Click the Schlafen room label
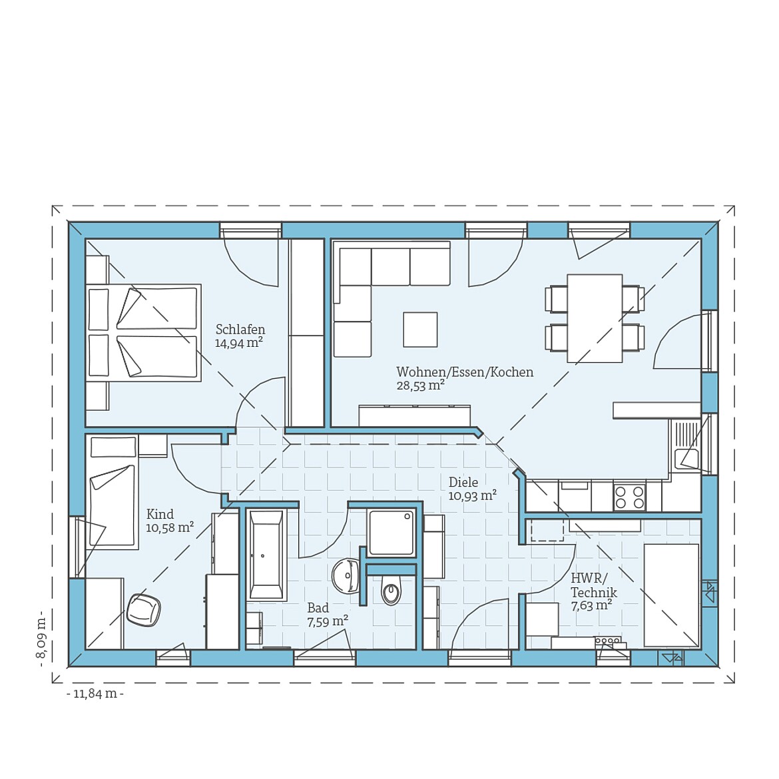click(x=240, y=330)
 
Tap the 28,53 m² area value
click(x=420, y=385)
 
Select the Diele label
click(x=463, y=482)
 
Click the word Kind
click(x=160, y=514)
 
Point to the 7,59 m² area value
click(x=328, y=621)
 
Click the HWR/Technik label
click(x=594, y=585)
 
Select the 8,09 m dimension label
click(x=41, y=636)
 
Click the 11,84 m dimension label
click(x=95, y=694)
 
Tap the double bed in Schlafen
click(x=144, y=333)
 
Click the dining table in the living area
click(x=595, y=318)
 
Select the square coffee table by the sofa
click(x=420, y=330)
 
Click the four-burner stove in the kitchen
click(x=629, y=497)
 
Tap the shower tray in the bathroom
click(x=391, y=533)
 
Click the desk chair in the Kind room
click(x=144, y=609)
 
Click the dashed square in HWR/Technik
click(x=547, y=531)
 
